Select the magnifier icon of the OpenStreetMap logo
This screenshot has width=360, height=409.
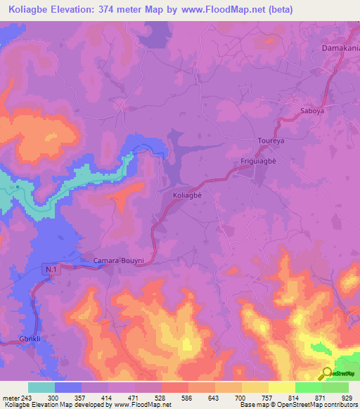(327, 374)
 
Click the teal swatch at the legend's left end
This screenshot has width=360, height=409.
(41, 387)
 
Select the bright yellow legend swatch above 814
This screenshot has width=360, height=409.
(281, 387)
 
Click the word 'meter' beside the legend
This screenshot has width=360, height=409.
(11, 397)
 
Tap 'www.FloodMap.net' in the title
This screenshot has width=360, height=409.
(219, 10)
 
